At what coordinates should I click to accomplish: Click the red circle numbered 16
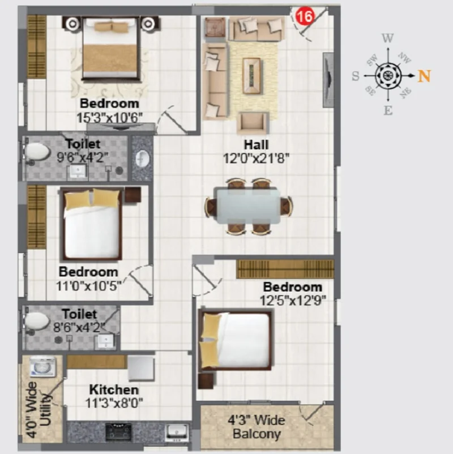[x=305, y=16]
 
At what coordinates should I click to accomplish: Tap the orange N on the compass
[x=424, y=76]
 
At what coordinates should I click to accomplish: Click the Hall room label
[x=257, y=144]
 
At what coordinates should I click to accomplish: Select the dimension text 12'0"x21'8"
[x=256, y=159]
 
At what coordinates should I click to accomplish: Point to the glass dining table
[x=247, y=205]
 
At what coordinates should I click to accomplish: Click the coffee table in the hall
[x=251, y=75]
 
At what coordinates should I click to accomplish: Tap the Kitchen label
[x=114, y=389]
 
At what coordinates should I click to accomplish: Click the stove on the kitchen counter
[x=118, y=431]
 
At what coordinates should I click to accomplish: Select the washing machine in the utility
[x=43, y=366]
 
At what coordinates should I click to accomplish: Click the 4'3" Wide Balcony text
[x=257, y=427]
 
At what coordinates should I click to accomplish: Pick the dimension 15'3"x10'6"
[x=109, y=118]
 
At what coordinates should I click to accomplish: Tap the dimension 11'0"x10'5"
[x=88, y=286]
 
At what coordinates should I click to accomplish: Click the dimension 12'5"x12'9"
[x=293, y=300]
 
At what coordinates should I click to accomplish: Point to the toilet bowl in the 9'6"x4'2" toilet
[x=37, y=152]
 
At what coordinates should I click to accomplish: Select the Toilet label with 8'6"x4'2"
[x=79, y=314]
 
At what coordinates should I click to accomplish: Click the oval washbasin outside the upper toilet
[x=143, y=159]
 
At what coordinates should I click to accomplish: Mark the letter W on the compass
[x=388, y=38]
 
